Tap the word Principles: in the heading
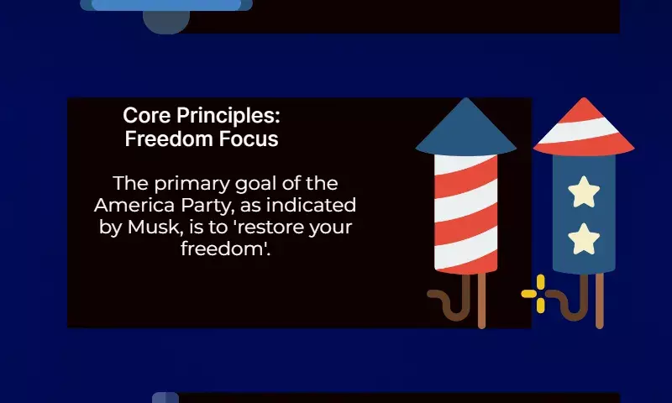[228, 117]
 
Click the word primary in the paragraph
[192, 185]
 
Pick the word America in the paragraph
[134, 205]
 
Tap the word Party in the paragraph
[207, 207]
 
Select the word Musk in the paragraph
[155, 227]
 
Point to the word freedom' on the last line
[225, 249]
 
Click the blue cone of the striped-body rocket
[466, 128]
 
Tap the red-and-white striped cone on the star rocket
[584, 128]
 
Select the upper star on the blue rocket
[584, 192]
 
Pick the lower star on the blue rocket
[584, 239]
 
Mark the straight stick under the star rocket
[600, 301]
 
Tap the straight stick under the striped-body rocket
[481, 301]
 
